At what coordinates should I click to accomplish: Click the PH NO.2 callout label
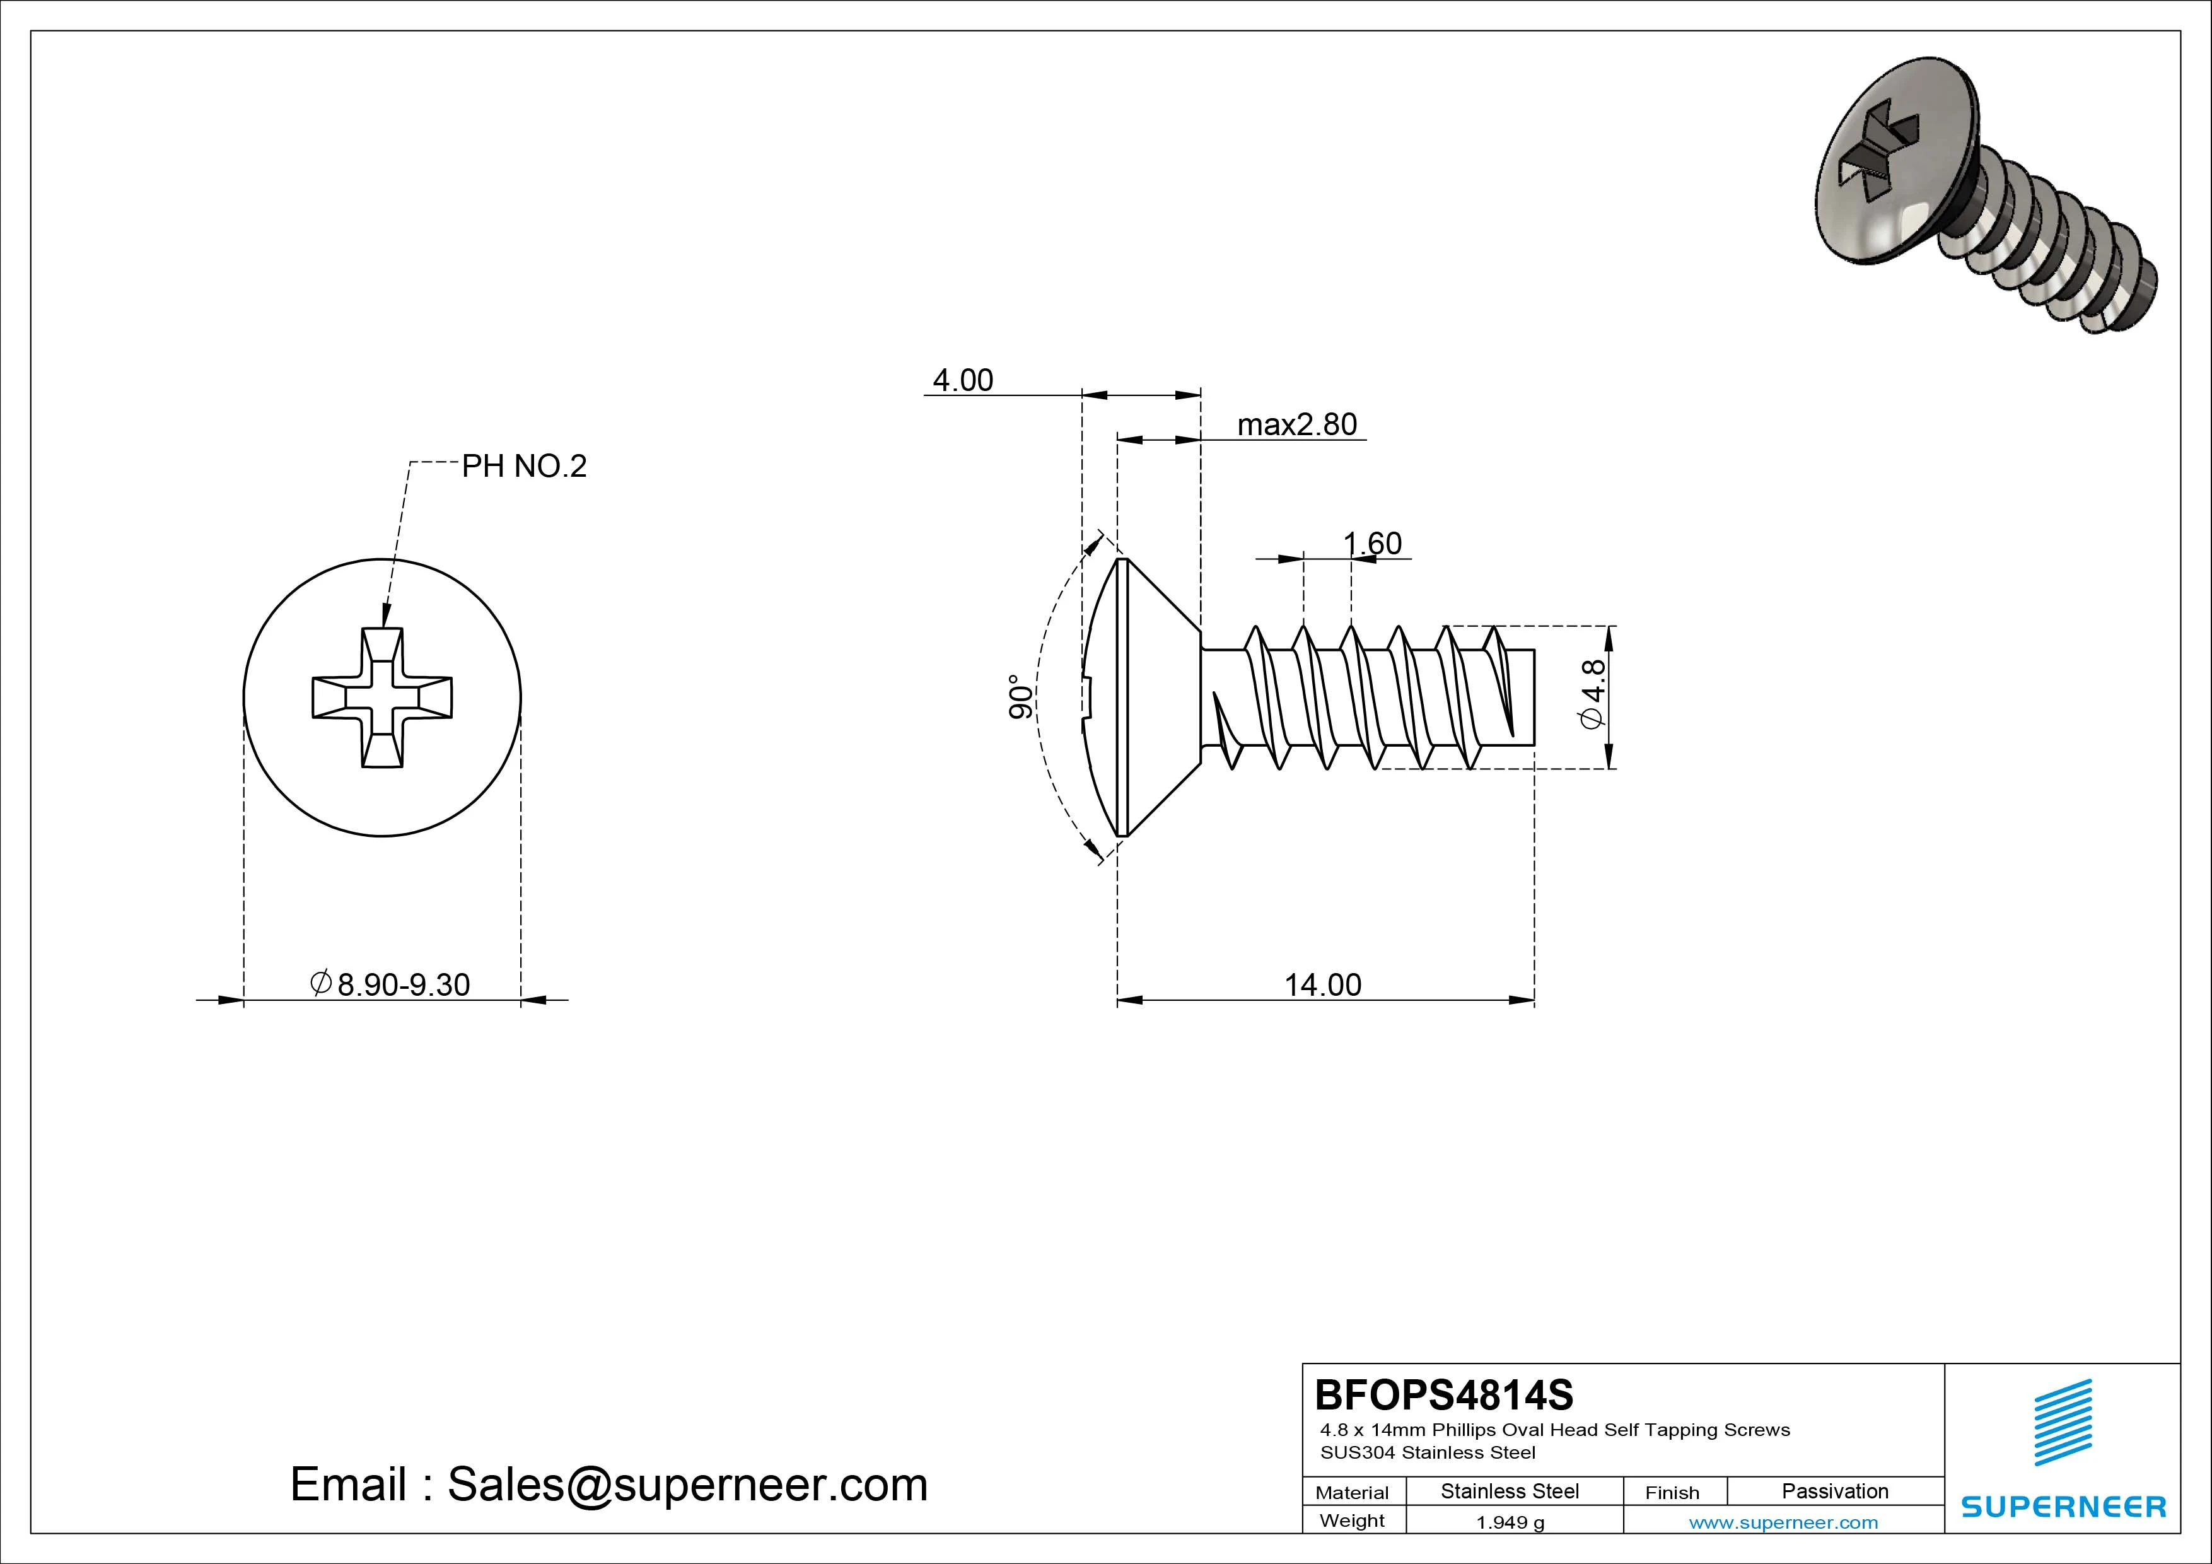(524, 467)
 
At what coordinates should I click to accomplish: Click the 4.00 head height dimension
(962, 381)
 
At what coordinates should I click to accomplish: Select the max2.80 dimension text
(1297, 425)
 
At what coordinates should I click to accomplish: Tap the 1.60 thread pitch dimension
(1373, 544)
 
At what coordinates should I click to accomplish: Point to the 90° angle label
(1020, 697)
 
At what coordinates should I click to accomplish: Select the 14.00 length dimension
(1323, 985)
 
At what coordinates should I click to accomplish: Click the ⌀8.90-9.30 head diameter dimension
(390, 984)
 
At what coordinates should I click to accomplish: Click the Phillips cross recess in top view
(383, 697)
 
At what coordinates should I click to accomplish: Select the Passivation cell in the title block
(1834, 1491)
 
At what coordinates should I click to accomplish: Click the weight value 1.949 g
(1510, 1522)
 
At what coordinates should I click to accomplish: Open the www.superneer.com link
(1783, 1522)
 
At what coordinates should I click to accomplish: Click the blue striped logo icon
(2063, 1421)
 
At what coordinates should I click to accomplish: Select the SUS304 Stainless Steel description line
(1428, 1452)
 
